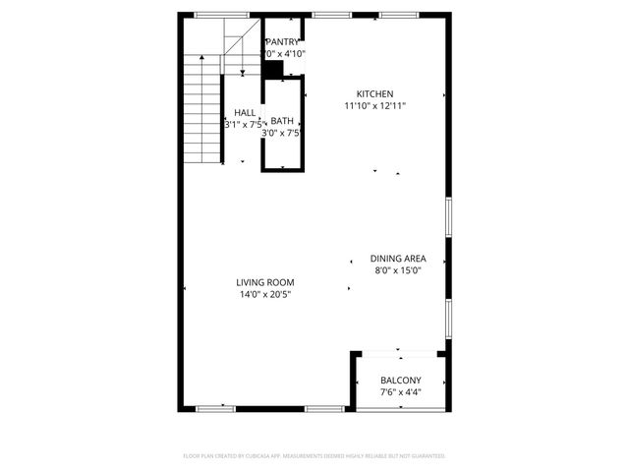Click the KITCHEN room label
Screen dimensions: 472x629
coord(374,93)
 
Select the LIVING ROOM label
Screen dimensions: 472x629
coord(265,282)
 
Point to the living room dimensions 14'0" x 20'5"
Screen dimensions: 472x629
coord(265,294)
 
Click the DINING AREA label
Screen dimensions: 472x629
coord(398,259)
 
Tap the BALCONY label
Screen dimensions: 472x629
coord(401,381)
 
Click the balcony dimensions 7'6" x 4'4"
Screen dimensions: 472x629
coord(401,392)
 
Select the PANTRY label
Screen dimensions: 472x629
coord(284,41)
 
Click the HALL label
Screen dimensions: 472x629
coord(245,113)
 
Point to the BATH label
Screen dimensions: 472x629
coord(282,121)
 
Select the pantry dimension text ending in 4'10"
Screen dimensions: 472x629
coord(285,53)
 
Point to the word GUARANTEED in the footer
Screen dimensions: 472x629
coord(425,456)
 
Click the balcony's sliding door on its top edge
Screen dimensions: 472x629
coord(398,349)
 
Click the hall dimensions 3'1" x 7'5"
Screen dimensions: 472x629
coord(244,125)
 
